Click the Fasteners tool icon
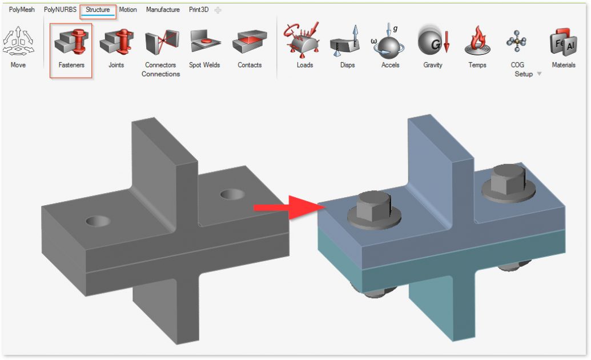tap(71, 43)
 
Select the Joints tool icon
tap(116, 43)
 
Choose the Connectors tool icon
tap(160, 43)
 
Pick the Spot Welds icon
tap(204, 43)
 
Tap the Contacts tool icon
tap(250, 43)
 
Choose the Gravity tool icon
tap(433, 41)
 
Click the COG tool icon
tap(517, 42)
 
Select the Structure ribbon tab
tap(98, 10)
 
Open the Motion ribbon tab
tap(128, 10)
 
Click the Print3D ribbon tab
tap(199, 10)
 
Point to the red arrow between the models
tap(283, 207)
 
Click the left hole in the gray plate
tap(99, 221)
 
